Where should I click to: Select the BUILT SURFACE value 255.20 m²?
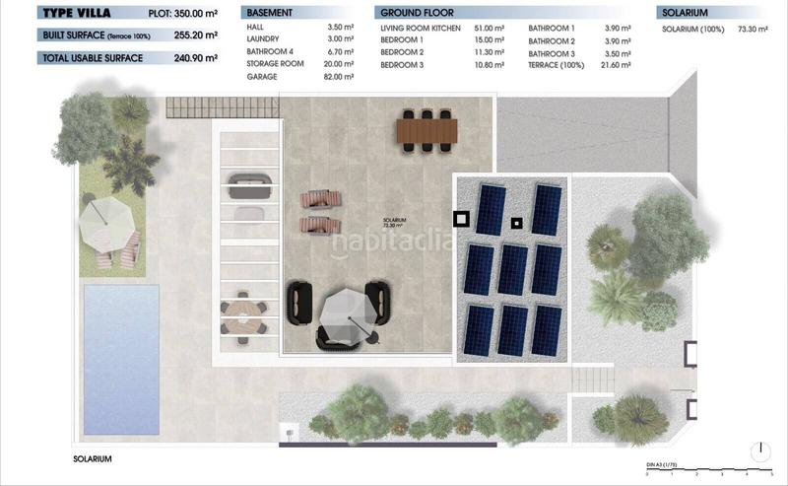point(202,35)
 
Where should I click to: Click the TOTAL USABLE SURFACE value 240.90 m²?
point(202,58)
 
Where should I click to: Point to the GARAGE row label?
point(261,76)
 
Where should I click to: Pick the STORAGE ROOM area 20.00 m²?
point(339,64)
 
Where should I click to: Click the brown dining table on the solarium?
point(427,129)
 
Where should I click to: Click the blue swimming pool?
point(119,359)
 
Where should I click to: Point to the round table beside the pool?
point(242,316)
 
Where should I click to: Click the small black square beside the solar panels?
point(459,219)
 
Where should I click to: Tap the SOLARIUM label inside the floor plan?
point(396,222)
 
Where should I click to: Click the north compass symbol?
point(760,451)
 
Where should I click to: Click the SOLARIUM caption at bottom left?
point(93,459)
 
